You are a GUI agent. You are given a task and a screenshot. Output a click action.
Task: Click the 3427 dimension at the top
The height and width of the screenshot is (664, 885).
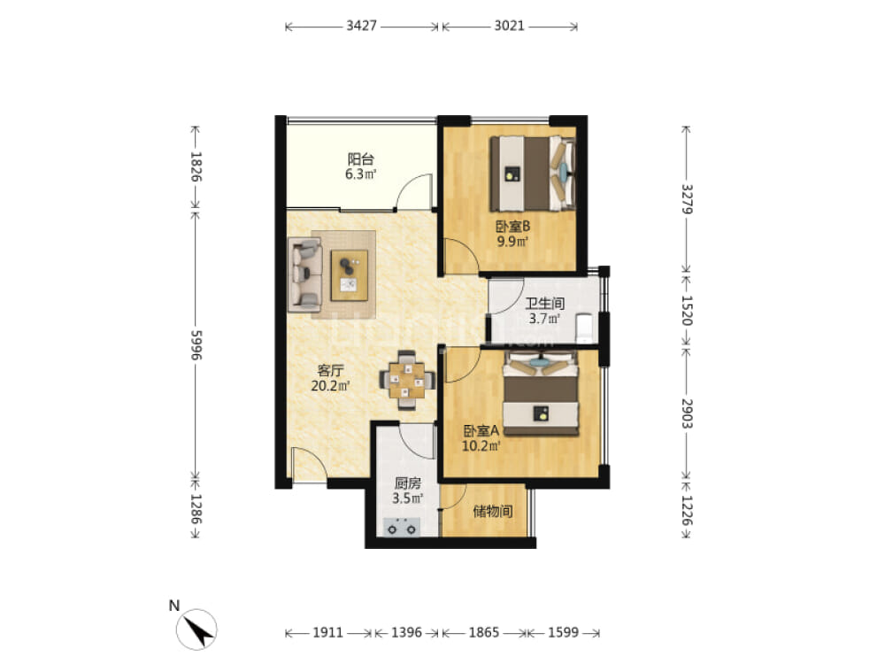pyautogui.click(x=361, y=26)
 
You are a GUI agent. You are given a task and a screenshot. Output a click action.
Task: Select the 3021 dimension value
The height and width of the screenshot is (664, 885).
pyautogui.click(x=510, y=26)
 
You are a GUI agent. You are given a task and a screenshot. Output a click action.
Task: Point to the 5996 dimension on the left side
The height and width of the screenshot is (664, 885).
pyautogui.click(x=196, y=344)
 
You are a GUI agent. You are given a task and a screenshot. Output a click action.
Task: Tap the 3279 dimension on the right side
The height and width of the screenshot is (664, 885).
pyautogui.click(x=687, y=198)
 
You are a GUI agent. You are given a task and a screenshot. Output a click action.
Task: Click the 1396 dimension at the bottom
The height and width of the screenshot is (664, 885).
pyautogui.click(x=406, y=632)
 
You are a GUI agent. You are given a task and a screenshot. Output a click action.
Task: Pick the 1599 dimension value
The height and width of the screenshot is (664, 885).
pyautogui.click(x=563, y=632)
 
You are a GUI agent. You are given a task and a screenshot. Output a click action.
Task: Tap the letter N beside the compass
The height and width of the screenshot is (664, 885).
pyautogui.click(x=173, y=606)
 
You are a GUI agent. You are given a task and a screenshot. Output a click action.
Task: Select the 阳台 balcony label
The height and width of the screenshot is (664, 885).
pyautogui.click(x=361, y=158)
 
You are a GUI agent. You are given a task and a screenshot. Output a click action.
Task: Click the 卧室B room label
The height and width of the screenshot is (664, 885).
pyautogui.click(x=512, y=227)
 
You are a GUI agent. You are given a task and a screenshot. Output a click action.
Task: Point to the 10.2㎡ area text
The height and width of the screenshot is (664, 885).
pyautogui.click(x=481, y=446)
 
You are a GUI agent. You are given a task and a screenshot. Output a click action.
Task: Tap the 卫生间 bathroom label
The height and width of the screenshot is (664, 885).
pyautogui.click(x=544, y=303)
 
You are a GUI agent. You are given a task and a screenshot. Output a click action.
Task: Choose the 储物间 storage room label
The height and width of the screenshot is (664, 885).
pyautogui.click(x=493, y=512)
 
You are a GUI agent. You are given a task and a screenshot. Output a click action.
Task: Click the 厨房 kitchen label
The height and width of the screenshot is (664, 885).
pyautogui.click(x=407, y=483)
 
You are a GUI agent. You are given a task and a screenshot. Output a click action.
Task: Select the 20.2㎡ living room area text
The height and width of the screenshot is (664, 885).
pyautogui.click(x=330, y=386)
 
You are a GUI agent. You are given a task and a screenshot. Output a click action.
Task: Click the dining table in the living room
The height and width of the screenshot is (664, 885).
pyautogui.click(x=406, y=380)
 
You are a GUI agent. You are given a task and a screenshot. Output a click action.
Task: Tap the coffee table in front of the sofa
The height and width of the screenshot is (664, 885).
pyautogui.click(x=350, y=275)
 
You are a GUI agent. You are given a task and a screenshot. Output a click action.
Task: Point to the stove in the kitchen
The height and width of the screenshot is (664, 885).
pyautogui.click(x=401, y=528)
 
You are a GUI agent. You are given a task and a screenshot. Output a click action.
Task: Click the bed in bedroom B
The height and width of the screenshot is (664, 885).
pyautogui.click(x=533, y=174)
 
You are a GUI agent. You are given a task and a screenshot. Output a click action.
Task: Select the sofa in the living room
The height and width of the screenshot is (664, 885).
pyautogui.click(x=304, y=274)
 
